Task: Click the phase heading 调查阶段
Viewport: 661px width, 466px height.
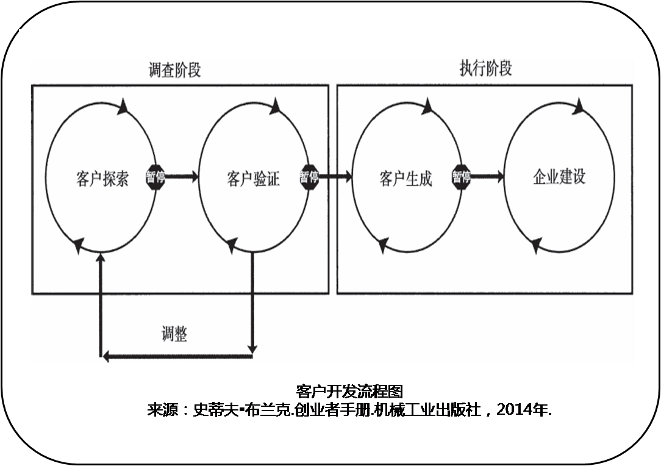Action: (174, 71)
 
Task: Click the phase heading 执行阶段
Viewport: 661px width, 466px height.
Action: (485, 68)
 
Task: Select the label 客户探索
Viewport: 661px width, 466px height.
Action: (102, 179)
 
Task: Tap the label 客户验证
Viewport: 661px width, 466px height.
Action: (254, 179)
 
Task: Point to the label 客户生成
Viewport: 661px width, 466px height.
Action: (406, 179)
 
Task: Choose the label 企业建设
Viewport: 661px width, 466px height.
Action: (559, 177)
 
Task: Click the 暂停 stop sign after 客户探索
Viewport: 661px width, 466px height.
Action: (155, 177)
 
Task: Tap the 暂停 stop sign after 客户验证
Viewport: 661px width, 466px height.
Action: (309, 177)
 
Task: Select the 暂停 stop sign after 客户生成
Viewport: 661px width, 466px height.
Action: (461, 177)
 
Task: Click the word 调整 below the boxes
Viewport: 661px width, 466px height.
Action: (174, 334)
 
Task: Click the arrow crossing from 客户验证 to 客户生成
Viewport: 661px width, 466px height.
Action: (335, 177)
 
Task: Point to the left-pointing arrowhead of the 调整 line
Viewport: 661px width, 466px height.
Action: (105, 356)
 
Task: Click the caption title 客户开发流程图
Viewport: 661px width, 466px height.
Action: (349, 391)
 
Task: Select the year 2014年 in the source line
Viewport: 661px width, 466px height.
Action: (524, 410)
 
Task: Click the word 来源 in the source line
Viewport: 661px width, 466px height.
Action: (162, 410)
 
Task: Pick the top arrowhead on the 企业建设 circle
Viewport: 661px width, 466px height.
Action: (577, 106)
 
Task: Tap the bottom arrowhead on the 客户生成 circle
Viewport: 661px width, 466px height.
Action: (383, 245)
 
